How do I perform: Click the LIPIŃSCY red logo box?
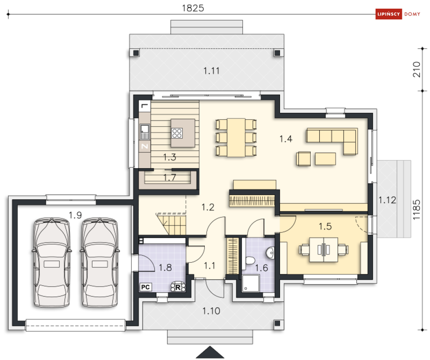pyautogui.click(x=389, y=14)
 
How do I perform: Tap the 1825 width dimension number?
pyautogui.click(x=193, y=8)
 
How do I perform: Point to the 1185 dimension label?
pyautogui.click(x=416, y=210)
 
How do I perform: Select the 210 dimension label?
pyautogui.click(x=416, y=70)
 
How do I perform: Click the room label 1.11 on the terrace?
pyautogui.click(x=211, y=71)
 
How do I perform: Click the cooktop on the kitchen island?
pyautogui.click(x=177, y=133)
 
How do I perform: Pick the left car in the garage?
pyautogui.click(x=52, y=262)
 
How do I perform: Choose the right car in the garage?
pyautogui.click(x=100, y=262)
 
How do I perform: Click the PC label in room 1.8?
pyautogui.click(x=145, y=287)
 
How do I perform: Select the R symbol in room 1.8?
pyautogui.click(x=178, y=287)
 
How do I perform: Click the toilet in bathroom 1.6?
pyautogui.click(x=249, y=260)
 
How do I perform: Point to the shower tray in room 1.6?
pyautogui.click(x=251, y=283)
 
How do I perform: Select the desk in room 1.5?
pyautogui.click(x=324, y=250)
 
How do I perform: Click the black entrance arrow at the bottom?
pyautogui.click(x=210, y=352)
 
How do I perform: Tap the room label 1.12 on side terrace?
pyautogui.click(x=387, y=200)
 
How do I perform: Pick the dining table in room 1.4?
pyautogui.click(x=236, y=137)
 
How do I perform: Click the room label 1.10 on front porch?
pyautogui.click(x=211, y=311)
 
